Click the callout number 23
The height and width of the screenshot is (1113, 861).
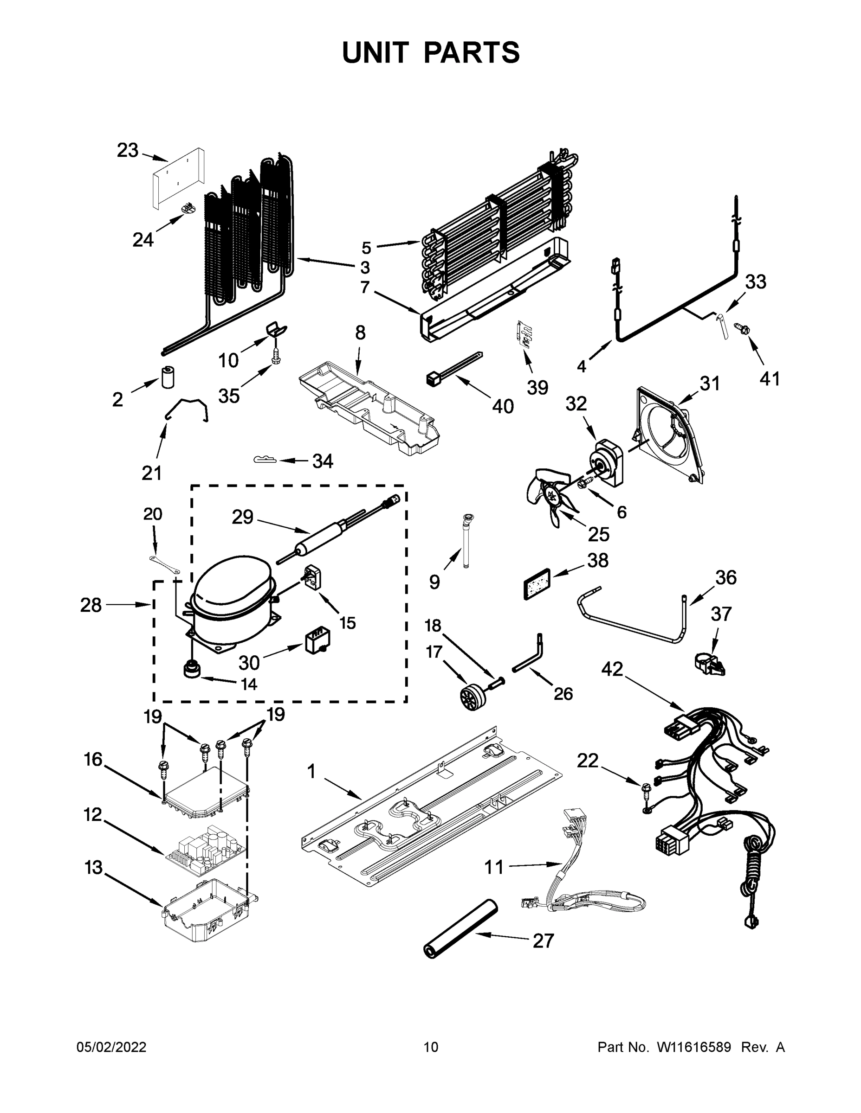tap(128, 150)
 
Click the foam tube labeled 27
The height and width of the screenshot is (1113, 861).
tap(460, 928)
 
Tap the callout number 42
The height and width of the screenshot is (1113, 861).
tap(612, 669)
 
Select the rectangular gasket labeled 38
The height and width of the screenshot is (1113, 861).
tap(537, 584)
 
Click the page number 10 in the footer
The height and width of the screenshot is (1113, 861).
tap(431, 1047)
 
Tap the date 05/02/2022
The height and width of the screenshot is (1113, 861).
tap(111, 1047)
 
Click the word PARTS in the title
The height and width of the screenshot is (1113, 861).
tap(471, 52)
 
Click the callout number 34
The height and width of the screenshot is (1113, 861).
tap(323, 462)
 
